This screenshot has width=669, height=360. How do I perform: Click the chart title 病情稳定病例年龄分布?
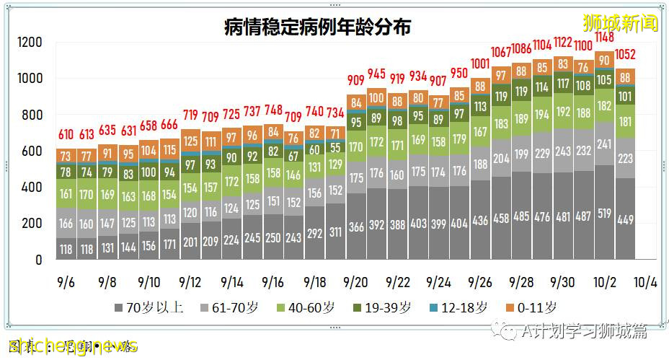(x=317, y=27)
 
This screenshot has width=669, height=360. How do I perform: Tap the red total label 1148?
(x=604, y=38)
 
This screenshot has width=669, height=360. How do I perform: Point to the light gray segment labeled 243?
(x=563, y=152)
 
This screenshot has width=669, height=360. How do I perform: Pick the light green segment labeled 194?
(x=542, y=115)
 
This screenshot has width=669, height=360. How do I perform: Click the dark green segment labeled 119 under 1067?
(x=500, y=96)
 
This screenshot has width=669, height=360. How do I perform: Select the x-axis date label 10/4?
(x=646, y=281)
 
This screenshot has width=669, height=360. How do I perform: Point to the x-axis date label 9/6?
(x=66, y=281)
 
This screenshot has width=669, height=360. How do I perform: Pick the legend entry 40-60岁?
(x=311, y=308)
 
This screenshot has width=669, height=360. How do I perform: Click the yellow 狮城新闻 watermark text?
(x=620, y=23)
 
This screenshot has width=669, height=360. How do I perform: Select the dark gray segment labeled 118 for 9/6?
(x=66, y=249)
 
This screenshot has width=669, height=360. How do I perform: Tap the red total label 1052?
(x=625, y=54)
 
